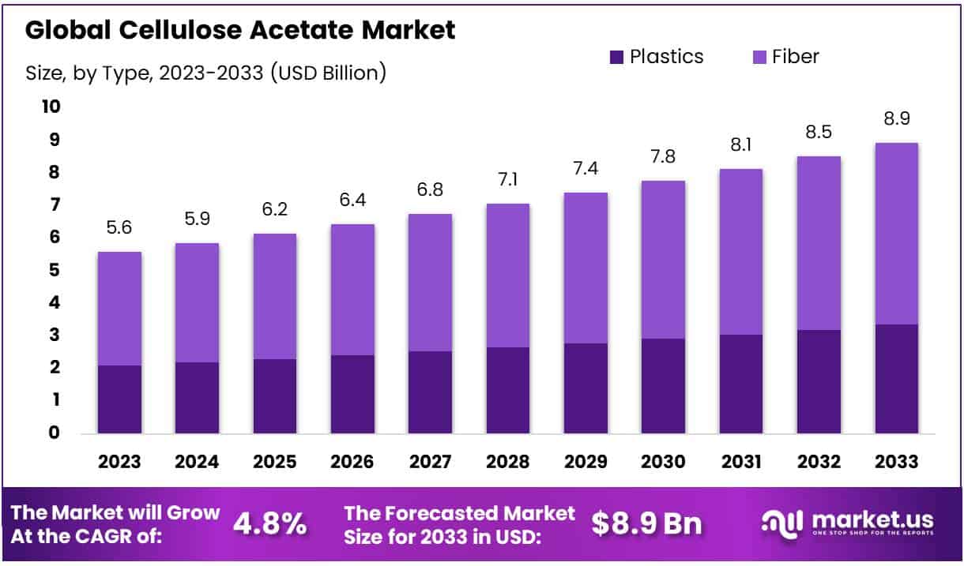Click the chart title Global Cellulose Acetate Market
click(x=240, y=30)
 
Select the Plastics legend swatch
click(x=616, y=57)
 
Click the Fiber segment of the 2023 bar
click(x=119, y=308)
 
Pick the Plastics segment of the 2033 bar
click(x=896, y=378)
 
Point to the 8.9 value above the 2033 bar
click(x=896, y=119)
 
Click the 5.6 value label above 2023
click(x=119, y=228)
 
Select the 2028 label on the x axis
click(x=508, y=462)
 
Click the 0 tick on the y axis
click(x=54, y=433)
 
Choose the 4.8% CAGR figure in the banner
click(x=270, y=523)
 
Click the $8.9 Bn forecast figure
click(x=646, y=523)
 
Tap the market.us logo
click(x=847, y=522)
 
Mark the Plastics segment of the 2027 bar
click(x=430, y=392)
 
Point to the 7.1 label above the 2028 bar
click(x=508, y=180)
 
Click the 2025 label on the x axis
click(x=274, y=462)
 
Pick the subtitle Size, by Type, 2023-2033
click(x=205, y=74)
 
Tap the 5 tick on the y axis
click(x=54, y=270)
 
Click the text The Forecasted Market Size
click(x=460, y=523)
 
